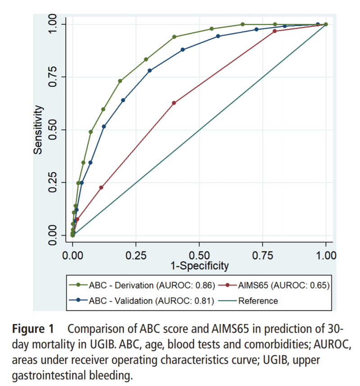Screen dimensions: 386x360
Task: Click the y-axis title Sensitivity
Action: (x=39, y=130)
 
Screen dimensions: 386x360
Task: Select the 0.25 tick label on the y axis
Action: (x=53, y=183)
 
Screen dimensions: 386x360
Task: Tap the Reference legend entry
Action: (x=258, y=301)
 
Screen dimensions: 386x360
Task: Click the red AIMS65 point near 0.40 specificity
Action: (x=174, y=103)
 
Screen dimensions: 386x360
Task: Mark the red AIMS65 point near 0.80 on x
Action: (x=275, y=31)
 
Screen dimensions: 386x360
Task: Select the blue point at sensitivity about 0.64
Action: (x=123, y=100)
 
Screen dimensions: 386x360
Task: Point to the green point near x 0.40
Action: (x=174, y=37)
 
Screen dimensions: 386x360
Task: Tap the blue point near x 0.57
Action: (x=218, y=36)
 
